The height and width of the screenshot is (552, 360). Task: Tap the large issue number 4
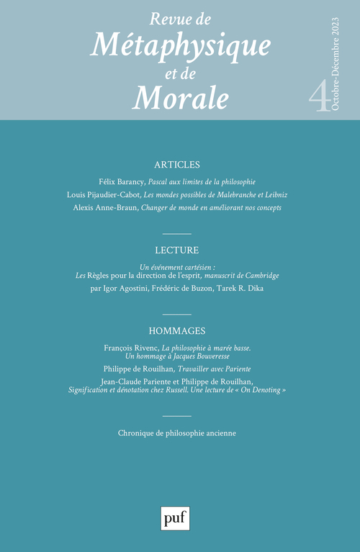click(316, 94)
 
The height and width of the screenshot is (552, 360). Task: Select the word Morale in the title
click(180, 96)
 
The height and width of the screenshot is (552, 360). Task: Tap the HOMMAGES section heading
click(177, 331)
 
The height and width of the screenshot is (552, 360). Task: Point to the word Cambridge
click(256, 275)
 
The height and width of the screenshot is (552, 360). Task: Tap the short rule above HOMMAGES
click(177, 315)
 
